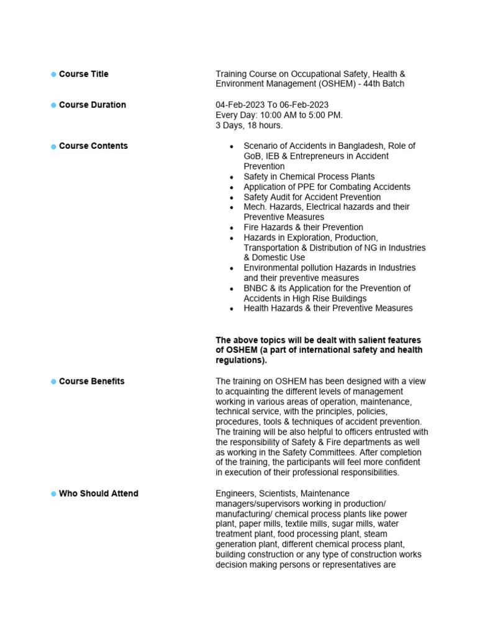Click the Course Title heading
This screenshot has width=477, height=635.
pyautogui.click(x=83, y=74)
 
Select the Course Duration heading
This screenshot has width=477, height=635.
pyautogui.click(x=92, y=105)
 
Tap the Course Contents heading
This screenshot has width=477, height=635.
pyautogui.click(x=93, y=146)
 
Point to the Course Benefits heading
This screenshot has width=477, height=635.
pyautogui.click(x=91, y=381)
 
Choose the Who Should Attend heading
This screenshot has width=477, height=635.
pyautogui.click(x=98, y=494)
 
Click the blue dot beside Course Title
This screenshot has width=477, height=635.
pyautogui.click(x=53, y=74)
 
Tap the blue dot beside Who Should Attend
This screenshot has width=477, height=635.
pyautogui.click(x=53, y=494)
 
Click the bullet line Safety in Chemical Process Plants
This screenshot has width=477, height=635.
pyautogui.click(x=309, y=177)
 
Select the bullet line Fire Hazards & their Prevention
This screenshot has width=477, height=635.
pyautogui.click(x=303, y=228)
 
